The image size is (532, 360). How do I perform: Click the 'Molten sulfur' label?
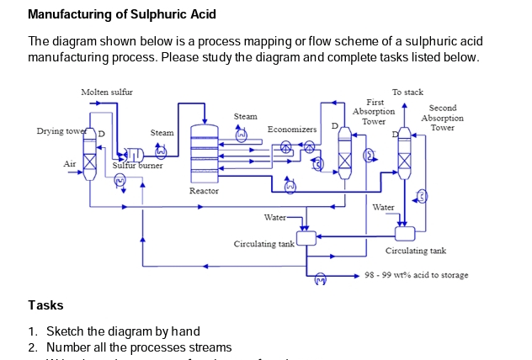tap(107, 91)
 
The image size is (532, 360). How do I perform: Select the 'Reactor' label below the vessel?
tap(204, 191)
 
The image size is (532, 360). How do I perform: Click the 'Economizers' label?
tap(291, 130)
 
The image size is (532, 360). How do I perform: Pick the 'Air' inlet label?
tap(70, 164)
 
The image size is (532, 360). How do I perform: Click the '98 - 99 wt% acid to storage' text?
tap(417, 275)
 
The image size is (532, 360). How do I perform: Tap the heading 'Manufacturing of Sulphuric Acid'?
tap(122, 14)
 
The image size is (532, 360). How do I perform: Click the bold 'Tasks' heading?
tap(45, 304)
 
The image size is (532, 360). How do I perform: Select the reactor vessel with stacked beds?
tap(204, 151)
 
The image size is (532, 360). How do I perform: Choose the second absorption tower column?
tap(406, 156)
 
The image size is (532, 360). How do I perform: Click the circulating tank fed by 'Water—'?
tap(306, 238)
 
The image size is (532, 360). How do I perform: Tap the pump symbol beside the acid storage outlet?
tap(319, 278)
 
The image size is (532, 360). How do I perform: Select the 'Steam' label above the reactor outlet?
tap(245, 116)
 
